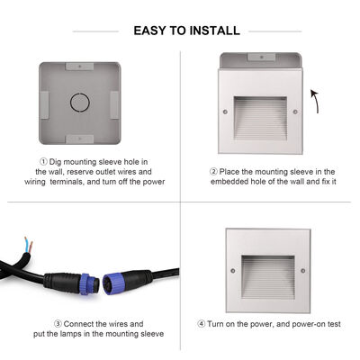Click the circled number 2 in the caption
213,170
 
